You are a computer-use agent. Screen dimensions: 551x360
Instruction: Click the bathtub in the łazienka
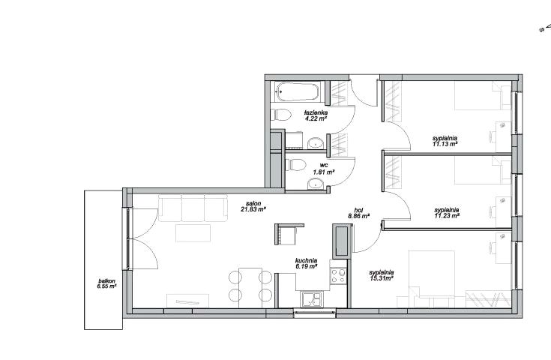(298, 91)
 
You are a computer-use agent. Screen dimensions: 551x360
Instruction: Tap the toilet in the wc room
(296, 164)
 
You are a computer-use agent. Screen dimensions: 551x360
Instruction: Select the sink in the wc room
(316, 184)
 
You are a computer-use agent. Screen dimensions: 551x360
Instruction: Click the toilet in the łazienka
(281, 115)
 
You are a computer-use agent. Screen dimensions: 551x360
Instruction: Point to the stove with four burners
(338, 275)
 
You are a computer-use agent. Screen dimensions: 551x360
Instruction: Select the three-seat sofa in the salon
(193, 208)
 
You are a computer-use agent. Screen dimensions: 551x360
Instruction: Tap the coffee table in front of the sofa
(193, 233)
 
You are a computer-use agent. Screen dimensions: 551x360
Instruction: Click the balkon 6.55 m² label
(106, 283)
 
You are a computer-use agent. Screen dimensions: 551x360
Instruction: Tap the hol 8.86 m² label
(358, 214)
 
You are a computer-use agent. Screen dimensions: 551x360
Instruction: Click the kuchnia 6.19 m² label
(307, 264)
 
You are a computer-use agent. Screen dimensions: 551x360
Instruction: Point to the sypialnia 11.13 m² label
(445, 141)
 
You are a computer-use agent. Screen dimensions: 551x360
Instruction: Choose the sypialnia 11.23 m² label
(447, 213)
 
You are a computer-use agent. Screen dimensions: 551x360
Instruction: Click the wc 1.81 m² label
(324, 169)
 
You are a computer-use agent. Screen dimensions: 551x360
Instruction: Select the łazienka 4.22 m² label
(316, 115)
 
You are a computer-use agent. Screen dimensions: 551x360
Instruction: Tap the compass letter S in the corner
(541, 30)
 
